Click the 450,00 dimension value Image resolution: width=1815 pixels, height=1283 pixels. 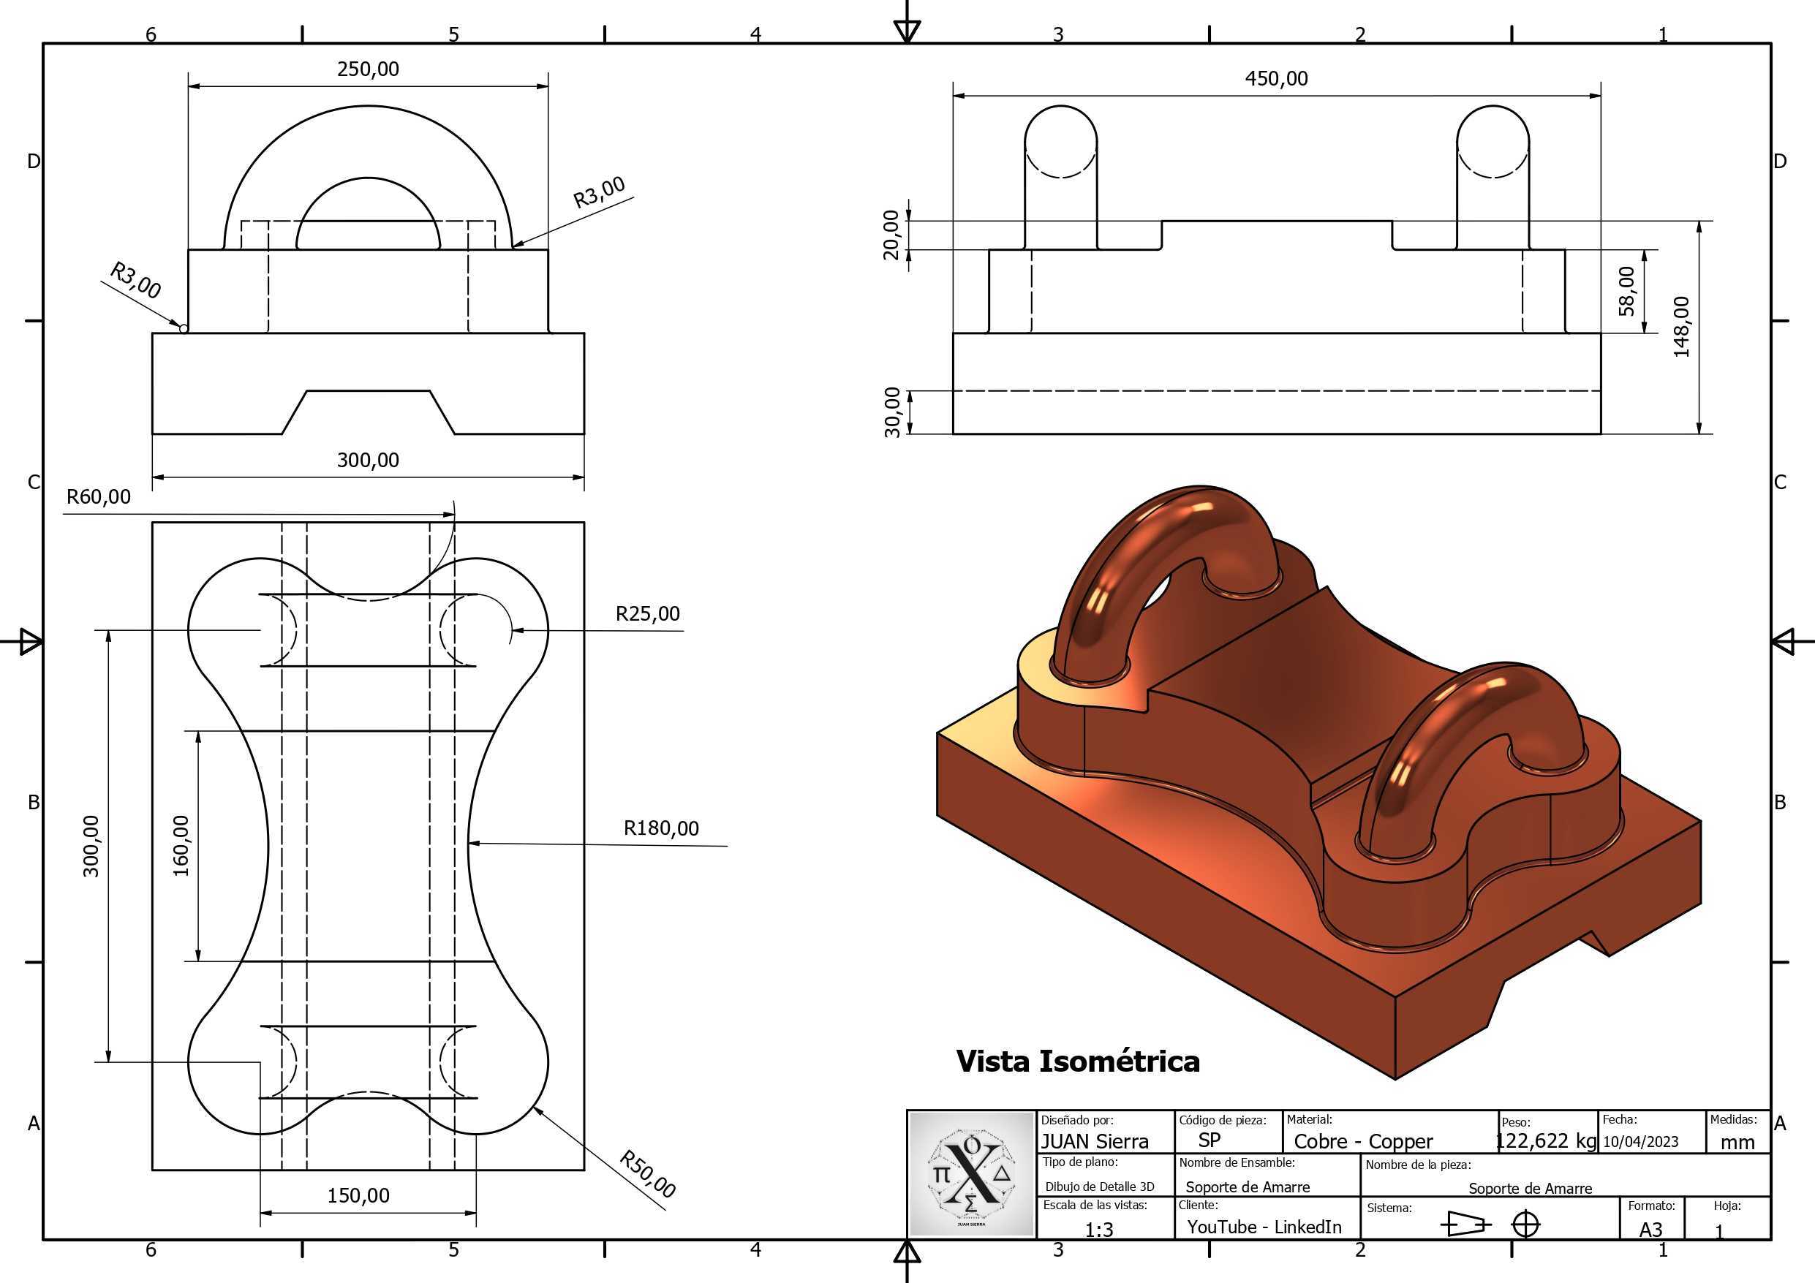click(x=1276, y=79)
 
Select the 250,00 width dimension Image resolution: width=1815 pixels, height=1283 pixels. click(x=368, y=69)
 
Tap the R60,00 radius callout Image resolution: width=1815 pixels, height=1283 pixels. click(x=99, y=497)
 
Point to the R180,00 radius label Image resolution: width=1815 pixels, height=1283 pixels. click(x=662, y=828)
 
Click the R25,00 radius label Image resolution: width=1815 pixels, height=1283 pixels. click(x=647, y=614)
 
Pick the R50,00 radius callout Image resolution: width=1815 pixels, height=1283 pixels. click(x=647, y=1175)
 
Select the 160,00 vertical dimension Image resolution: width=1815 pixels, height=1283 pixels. click(x=181, y=846)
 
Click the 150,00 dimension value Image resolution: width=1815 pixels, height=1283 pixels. click(x=358, y=1195)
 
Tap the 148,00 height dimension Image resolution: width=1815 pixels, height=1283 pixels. click(x=1681, y=328)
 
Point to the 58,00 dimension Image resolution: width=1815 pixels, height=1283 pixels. click(x=1627, y=291)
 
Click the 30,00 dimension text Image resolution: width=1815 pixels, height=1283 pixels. click(x=891, y=412)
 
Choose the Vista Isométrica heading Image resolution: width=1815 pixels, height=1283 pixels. click(x=1077, y=1061)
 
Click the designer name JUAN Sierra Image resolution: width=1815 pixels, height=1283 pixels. click(x=1094, y=1141)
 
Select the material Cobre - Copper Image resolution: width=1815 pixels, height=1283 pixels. click(x=1363, y=1141)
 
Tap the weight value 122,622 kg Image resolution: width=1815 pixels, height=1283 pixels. click(x=1546, y=1140)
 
